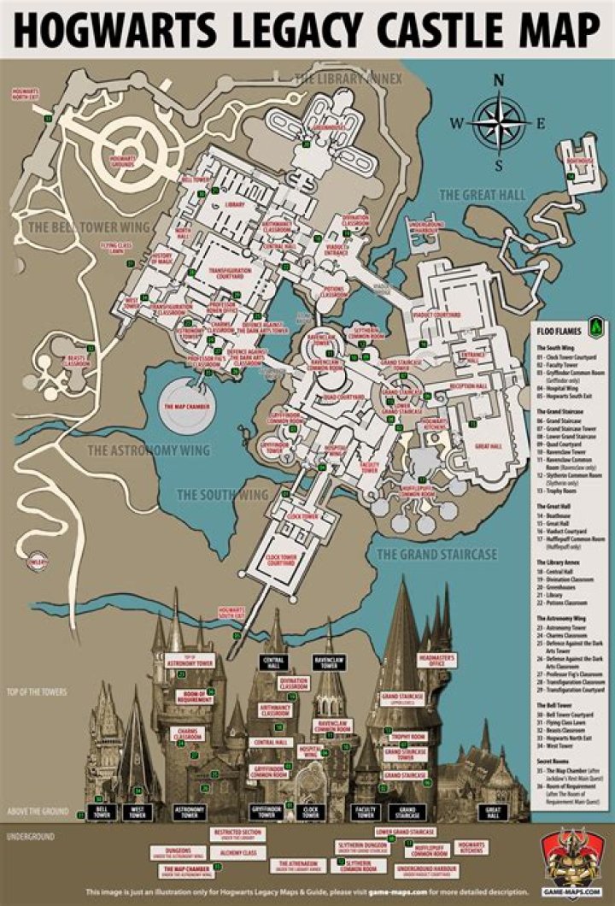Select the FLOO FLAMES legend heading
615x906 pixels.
(559, 326)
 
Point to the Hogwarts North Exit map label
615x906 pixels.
(26, 92)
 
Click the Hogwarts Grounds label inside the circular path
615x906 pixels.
(123, 160)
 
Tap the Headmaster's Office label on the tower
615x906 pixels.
(434, 659)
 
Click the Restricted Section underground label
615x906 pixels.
(238, 832)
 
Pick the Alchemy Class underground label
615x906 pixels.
(238, 852)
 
